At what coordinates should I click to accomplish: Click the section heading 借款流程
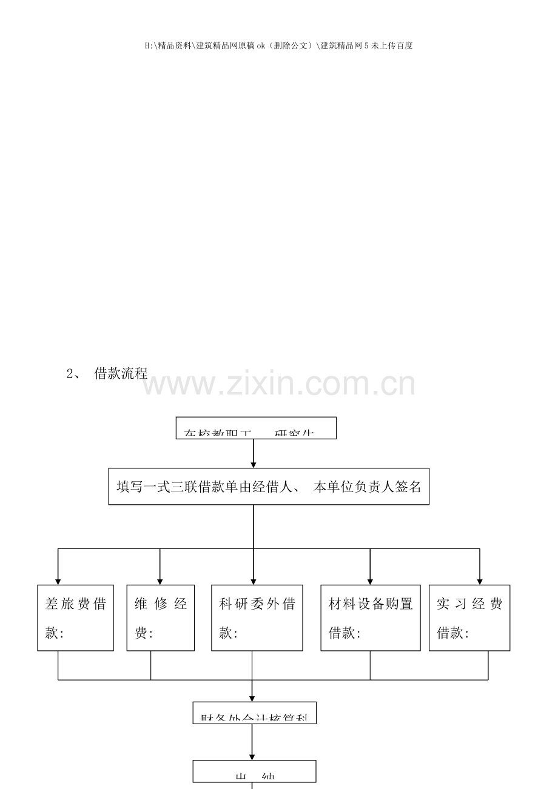coord(121,374)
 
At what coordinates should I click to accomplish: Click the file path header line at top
coord(279,45)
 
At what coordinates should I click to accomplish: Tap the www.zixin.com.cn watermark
coord(279,385)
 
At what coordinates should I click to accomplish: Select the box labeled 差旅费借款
coord(76,618)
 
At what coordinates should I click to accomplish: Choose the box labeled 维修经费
coord(161,618)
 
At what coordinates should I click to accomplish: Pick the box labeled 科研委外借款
coord(257,618)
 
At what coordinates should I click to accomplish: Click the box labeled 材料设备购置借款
coord(371,618)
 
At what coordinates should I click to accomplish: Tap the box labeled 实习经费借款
coord(469,618)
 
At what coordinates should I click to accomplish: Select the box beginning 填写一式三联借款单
coord(269,486)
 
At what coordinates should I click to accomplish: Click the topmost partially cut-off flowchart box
coord(256,428)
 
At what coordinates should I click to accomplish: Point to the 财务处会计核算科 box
coord(255,713)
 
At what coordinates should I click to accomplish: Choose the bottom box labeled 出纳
coord(255,771)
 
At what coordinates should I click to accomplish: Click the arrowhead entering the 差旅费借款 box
coord(58,581)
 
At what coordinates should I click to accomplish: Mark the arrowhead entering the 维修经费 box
coord(160,581)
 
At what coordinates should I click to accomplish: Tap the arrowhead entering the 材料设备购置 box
coord(370,581)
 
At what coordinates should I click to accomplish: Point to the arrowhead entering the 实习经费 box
coord(480,581)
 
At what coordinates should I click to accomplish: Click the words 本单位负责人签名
coord(367,487)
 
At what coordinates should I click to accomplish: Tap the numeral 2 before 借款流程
coord(69,374)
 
